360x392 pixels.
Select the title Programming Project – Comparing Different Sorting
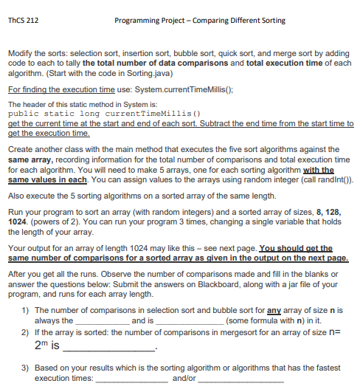click(x=200, y=20)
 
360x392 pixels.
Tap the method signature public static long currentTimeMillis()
click(x=104, y=114)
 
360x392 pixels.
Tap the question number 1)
click(x=24, y=311)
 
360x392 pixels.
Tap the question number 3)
click(x=24, y=366)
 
